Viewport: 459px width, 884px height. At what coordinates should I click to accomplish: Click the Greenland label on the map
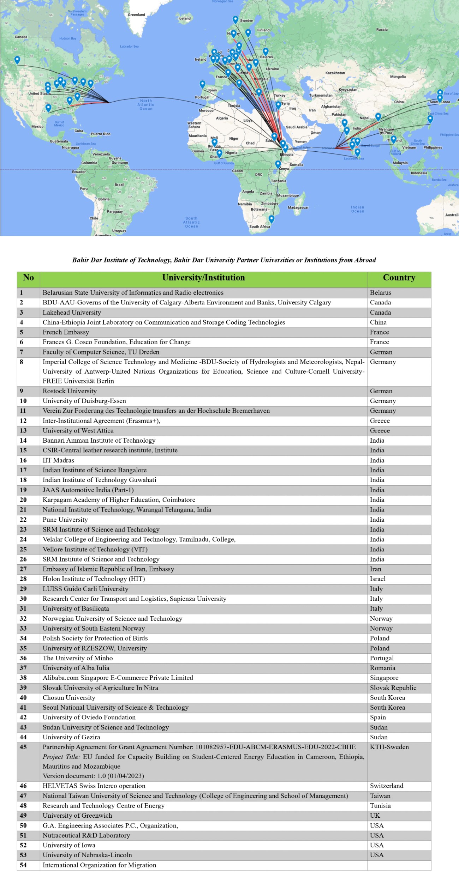click(x=136, y=15)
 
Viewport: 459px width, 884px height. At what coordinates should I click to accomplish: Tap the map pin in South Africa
click(x=271, y=219)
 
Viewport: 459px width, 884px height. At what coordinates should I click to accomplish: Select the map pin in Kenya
click(x=278, y=164)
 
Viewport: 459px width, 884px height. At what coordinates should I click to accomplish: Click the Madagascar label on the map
click(x=298, y=207)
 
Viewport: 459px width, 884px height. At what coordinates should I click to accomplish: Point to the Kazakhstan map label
click(x=335, y=73)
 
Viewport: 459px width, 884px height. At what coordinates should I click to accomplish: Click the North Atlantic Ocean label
click(x=146, y=105)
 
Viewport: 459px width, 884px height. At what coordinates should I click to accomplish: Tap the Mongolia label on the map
click(x=398, y=77)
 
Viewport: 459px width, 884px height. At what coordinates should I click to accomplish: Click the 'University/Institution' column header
click(x=203, y=278)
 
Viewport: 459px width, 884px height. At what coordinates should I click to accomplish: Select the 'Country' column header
click(x=399, y=278)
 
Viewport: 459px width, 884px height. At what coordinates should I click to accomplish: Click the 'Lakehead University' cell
click(x=72, y=313)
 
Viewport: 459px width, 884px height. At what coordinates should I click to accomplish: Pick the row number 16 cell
click(x=23, y=460)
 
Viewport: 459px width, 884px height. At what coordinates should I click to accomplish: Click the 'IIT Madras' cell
click(x=58, y=460)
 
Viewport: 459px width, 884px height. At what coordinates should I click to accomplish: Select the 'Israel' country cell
click(x=377, y=579)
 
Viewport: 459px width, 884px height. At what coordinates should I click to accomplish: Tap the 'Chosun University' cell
click(x=69, y=698)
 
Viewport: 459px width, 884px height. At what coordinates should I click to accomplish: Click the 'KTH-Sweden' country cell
click(x=389, y=747)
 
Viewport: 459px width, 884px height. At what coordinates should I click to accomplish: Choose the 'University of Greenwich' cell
click(x=77, y=816)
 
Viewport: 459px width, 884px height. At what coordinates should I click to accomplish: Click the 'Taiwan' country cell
click(x=380, y=796)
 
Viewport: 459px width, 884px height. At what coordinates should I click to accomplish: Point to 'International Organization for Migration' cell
click(x=99, y=865)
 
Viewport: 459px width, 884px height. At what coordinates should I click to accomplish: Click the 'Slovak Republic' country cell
click(x=393, y=688)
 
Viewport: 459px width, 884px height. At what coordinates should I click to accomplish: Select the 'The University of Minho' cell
click(x=78, y=658)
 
